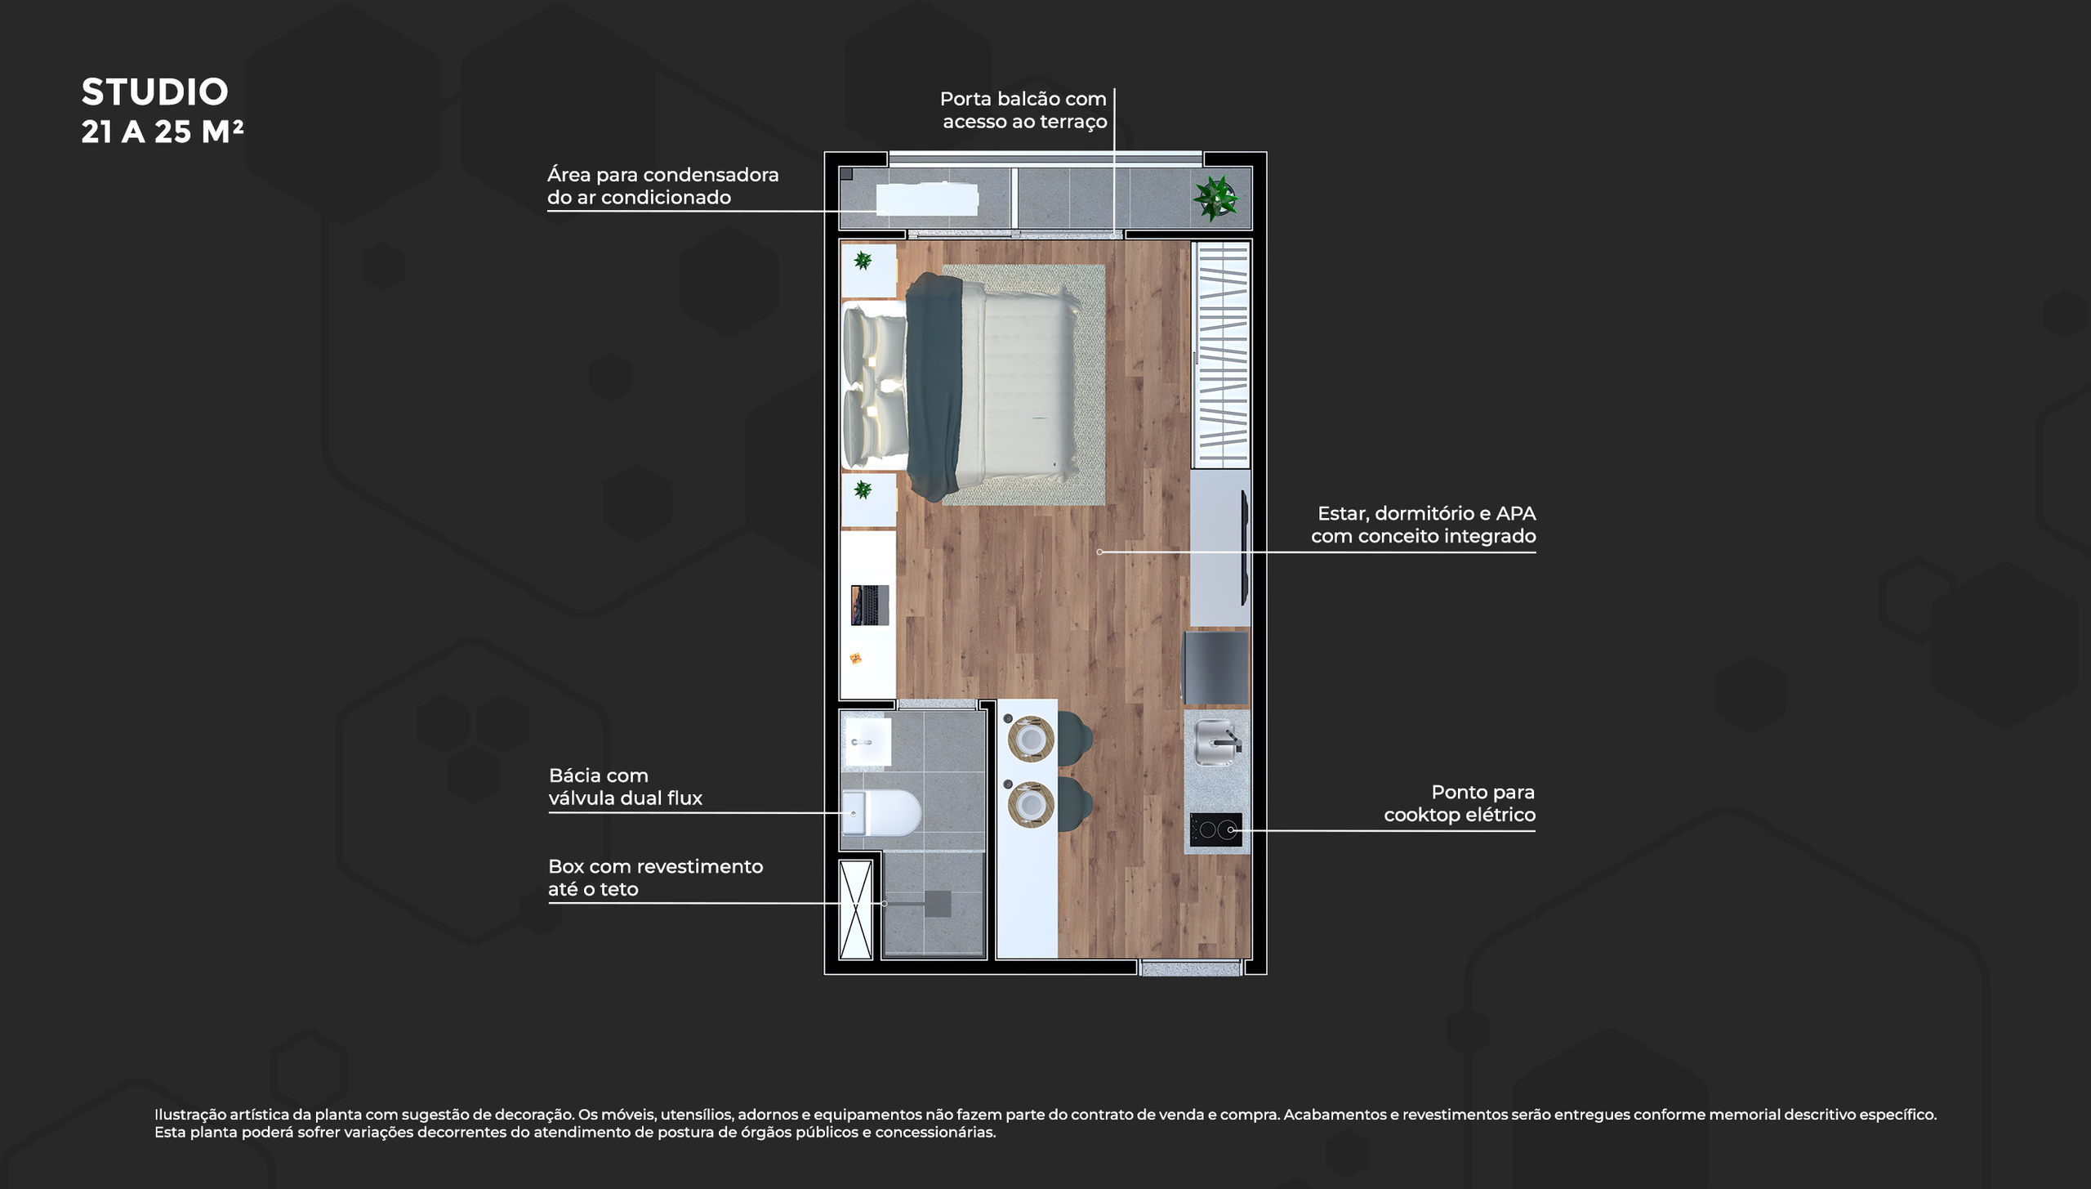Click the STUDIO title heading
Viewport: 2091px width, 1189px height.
coord(154,92)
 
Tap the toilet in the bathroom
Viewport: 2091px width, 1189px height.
coord(881,812)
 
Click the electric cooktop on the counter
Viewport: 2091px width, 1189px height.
coord(1215,829)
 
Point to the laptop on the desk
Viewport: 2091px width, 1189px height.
coord(869,605)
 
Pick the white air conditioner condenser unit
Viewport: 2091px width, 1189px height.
coord(927,199)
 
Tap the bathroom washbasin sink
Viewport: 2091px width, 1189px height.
coord(867,742)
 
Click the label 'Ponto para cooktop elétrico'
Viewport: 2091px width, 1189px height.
coord(1460,803)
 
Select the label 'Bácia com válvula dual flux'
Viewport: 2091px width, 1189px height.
coord(626,787)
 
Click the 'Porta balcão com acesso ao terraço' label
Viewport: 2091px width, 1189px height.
coord(1023,110)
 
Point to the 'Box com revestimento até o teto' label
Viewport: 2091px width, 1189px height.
coord(655,878)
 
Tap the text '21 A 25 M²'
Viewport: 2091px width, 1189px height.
coord(162,132)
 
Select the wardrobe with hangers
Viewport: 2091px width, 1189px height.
coord(1221,355)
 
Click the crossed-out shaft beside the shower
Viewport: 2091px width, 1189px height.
coord(856,909)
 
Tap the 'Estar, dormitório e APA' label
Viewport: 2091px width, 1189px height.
coord(1426,514)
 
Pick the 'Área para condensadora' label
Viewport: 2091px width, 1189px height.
coord(662,175)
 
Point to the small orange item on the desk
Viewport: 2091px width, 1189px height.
coord(855,658)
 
